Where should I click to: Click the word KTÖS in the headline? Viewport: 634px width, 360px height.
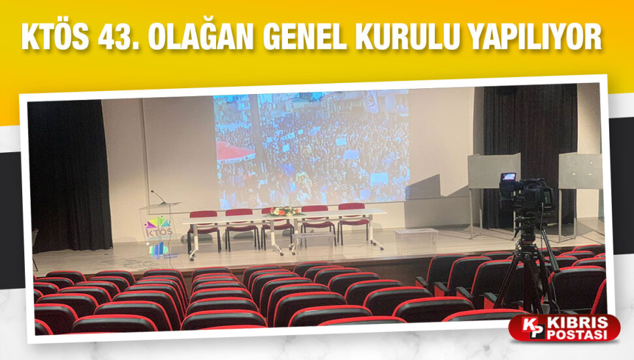click(x=55, y=37)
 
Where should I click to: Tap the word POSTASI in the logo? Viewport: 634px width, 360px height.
click(x=577, y=335)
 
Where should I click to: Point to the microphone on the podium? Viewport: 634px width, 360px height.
click(x=158, y=197)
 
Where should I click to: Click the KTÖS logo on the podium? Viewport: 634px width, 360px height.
click(x=159, y=227)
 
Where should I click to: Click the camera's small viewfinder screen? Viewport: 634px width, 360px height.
click(x=508, y=177)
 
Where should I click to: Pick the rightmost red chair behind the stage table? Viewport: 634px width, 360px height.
click(x=353, y=223)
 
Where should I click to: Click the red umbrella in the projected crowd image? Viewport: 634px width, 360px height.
click(x=234, y=152)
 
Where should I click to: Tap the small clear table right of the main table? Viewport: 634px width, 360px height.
click(x=416, y=235)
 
